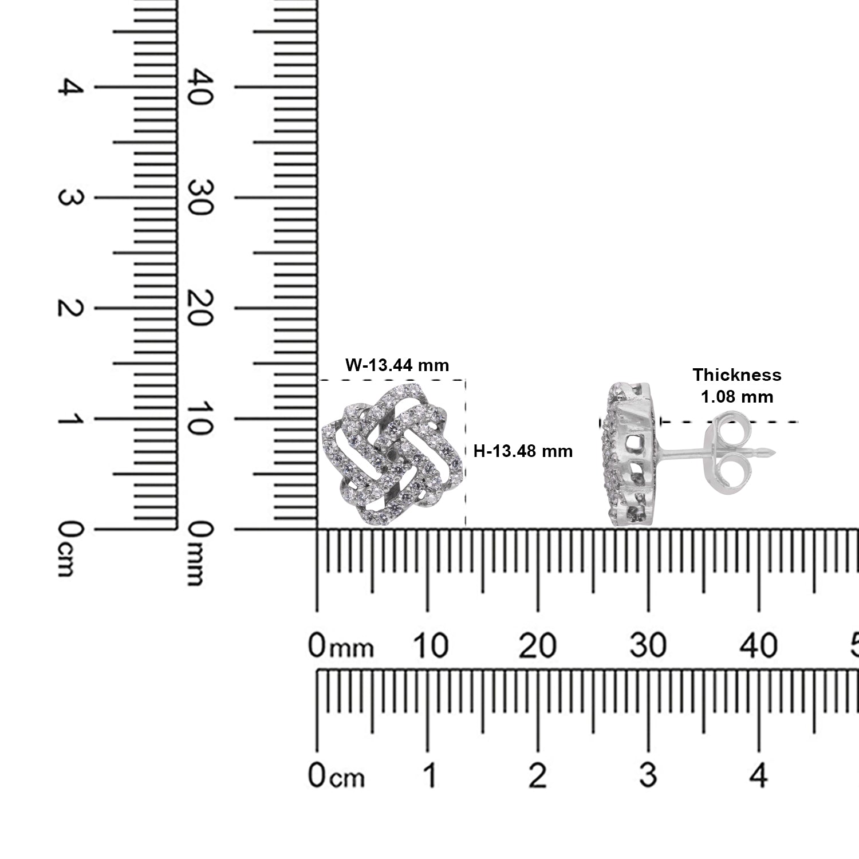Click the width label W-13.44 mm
click(x=397, y=365)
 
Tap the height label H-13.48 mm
click(x=523, y=451)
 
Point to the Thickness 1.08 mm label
click(x=737, y=385)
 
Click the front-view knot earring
click(x=392, y=454)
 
